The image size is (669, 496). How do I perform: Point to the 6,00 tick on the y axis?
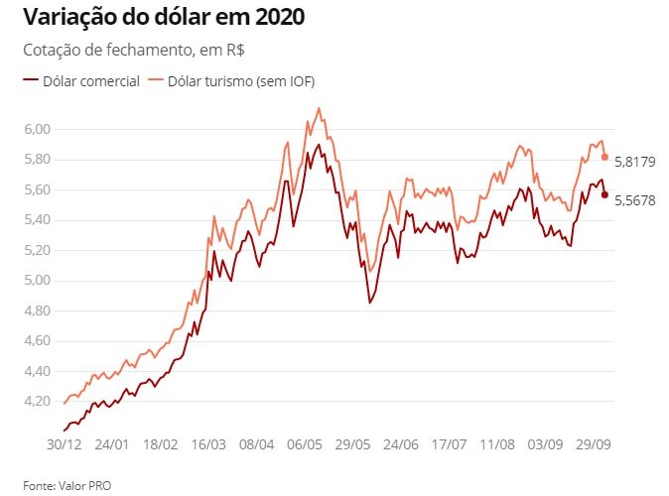pyautogui.click(x=37, y=129)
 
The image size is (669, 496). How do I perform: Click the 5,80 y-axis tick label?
pyautogui.click(x=37, y=159)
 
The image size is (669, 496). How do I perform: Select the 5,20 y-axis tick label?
pyautogui.click(x=37, y=250)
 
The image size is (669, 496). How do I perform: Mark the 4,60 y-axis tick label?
pyautogui.click(x=37, y=340)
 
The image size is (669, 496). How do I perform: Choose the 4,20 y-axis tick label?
pyautogui.click(x=37, y=401)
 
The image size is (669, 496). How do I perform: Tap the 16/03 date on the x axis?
pyautogui.click(x=208, y=442)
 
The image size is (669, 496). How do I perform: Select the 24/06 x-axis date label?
pyautogui.click(x=401, y=442)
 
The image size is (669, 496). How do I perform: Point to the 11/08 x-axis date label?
pyautogui.click(x=496, y=442)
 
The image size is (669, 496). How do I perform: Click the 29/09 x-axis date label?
pyautogui.click(x=593, y=442)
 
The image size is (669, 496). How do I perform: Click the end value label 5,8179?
pyautogui.click(x=635, y=162)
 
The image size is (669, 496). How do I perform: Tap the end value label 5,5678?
pyautogui.click(x=635, y=199)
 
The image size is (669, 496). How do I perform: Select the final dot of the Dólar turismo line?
pyautogui.click(x=604, y=157)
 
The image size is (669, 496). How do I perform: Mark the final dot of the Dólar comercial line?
pyautogui.click(x=604, y=194)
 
